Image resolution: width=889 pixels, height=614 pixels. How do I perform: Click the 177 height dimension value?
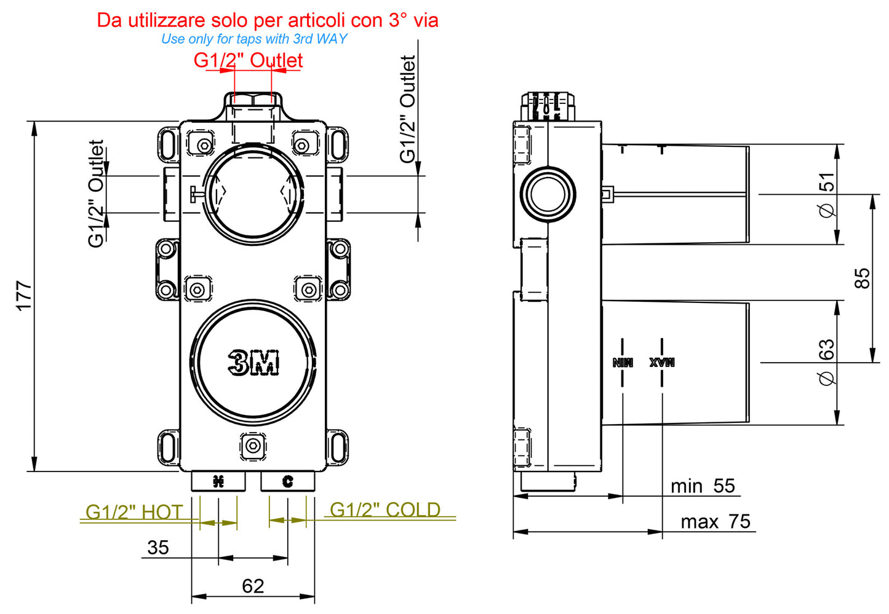pyautogui.click(x=23, y=296)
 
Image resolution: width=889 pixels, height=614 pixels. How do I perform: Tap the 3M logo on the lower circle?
pyautogui.click(x=253, y=363)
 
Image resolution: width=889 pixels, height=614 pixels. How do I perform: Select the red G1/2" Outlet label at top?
pyautogui.click(x=248, y=60)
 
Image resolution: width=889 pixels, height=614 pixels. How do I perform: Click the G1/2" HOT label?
pyautogui.click(x=134, y=512)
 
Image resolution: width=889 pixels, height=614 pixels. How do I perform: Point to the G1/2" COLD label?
pyautogui.click(x=385, y=510)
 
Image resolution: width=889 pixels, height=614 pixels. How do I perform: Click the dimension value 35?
pyautogui.click(x=158, y=547)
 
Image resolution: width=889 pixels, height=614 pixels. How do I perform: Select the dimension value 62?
pyautogui.click(x=253, y=586)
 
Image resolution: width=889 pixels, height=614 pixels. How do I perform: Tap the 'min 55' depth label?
pyautogui.click(x=703, y=486)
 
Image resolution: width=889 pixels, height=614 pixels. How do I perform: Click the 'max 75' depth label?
pyautogui.click(x=715, y=522)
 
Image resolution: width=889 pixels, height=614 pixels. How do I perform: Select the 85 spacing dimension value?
pyautogui.click(x=863, y=278)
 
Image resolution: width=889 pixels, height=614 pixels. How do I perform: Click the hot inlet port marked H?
pyautogui.click(x=218, y=481)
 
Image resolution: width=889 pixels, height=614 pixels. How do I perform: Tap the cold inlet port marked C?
pyautogui.click(x=287, y=481)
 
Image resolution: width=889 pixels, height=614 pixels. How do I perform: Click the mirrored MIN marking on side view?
pyautogui.click(x=623, y=362)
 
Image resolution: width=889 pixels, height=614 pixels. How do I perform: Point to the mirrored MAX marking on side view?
pyautogui.click(x=662, y=362)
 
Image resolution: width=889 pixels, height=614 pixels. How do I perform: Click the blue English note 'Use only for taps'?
pyautogui.click(x=253, y=39)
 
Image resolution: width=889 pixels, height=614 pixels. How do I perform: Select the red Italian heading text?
pyautogui.click(x=268, y=20)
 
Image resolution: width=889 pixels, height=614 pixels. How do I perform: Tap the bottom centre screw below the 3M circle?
pyautogui.click(x=252, y=445)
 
